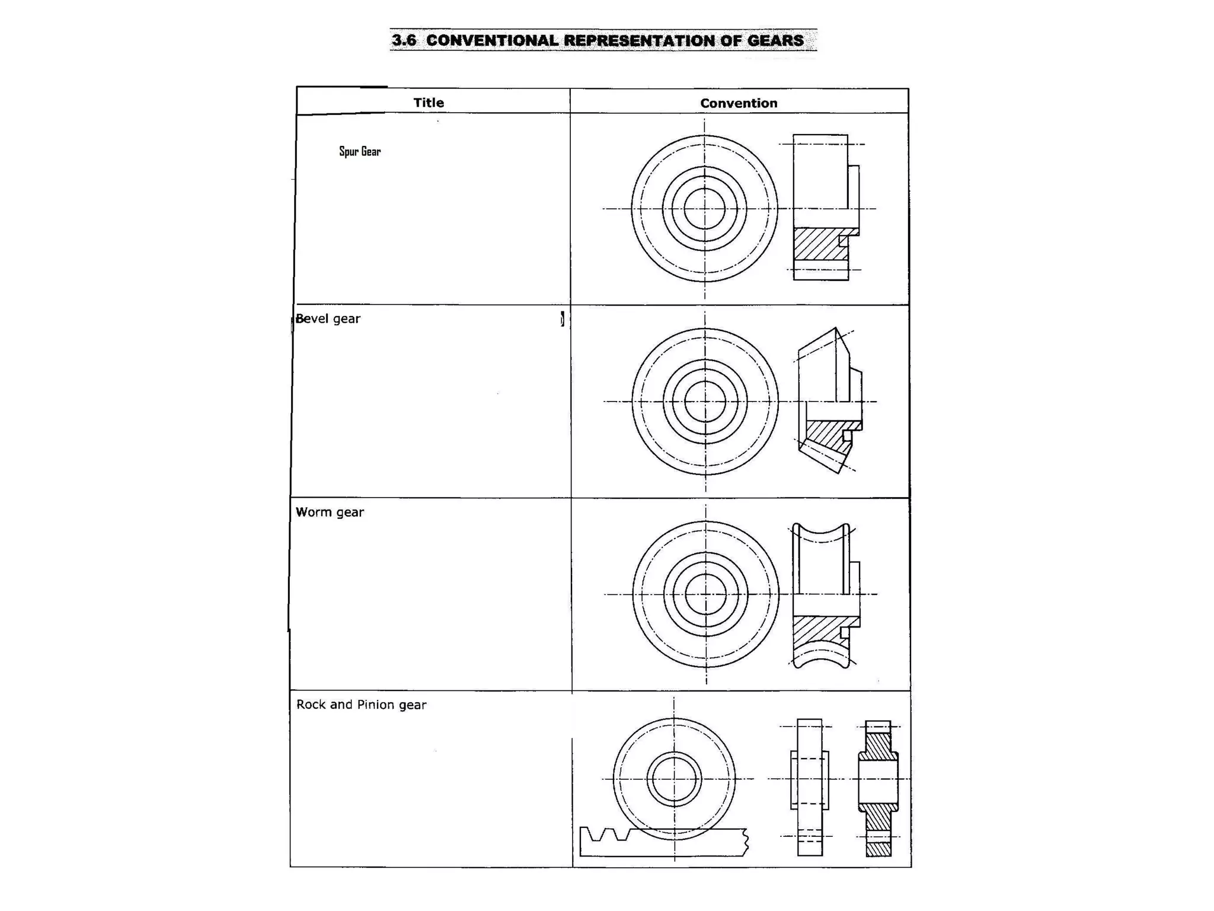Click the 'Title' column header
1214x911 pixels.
click(x=429, y=103)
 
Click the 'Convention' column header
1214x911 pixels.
click(x=739, y=103)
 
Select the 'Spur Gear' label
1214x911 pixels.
click(x=360, y=151)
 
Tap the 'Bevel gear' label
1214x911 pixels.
click(x=328, y=319)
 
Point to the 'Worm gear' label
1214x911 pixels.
click(x=330, y=512)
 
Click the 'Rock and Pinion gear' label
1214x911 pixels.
click(x=361, y=705)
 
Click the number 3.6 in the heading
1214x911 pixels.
click(x=404, y=40)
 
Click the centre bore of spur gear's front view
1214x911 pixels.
click(x=704, y=209)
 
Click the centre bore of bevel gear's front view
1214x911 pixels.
click(x=705, y=402)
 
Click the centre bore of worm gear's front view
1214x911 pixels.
click(x=705, y=594)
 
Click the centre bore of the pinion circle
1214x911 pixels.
click(x=674, y=779)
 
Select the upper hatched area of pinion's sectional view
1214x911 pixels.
click(x=878, y=746)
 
